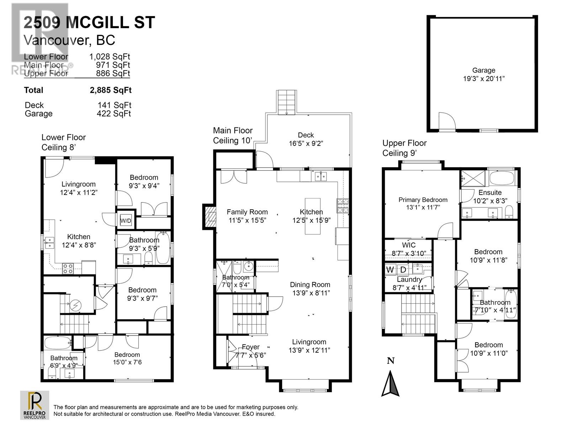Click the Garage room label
click(x=483, y=70)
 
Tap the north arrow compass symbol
click(x=390, y=384)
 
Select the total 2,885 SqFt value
click(x=111, y=90)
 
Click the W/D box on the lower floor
click(x=126, y=221)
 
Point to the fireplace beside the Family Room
click(x=209, y=216)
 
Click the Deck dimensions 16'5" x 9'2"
click(x=306, y=143)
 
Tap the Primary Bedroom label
click(x=423, y=200)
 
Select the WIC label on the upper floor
click(x=409, y=245)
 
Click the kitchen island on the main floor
click(x=312, y=216)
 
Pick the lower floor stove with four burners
click(x=68, y=269)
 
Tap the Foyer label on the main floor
click(x=251, y=347)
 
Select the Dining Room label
click(x=310, y=285)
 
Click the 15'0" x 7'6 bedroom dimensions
click(x=127, y=362)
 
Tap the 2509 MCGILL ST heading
click(x=89, y=22)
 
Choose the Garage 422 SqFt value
click(x=114, y=114)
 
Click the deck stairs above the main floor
click(x=286, y=102)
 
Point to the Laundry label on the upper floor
click(x=409, y=279)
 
